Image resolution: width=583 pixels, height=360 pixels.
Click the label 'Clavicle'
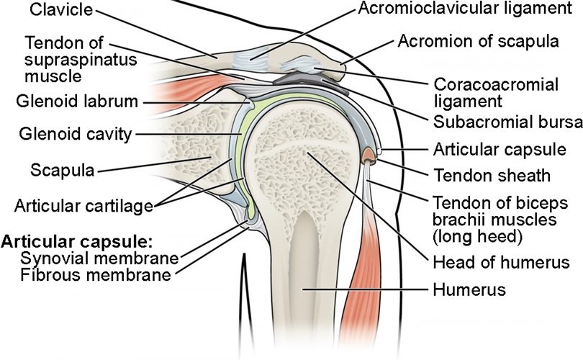(x=52, y=12)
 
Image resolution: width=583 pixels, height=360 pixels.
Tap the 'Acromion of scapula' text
(x=478, y=41)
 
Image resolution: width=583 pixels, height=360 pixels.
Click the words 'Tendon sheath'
(x=491, y=175)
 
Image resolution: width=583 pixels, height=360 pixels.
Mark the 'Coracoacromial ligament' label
(x=496, y=93)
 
